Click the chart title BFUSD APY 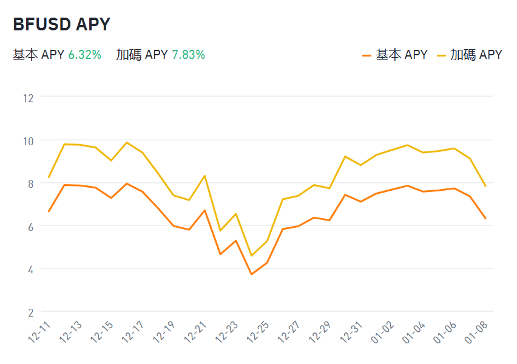pos(61,24)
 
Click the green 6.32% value pos(84,55)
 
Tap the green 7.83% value pos(188,55)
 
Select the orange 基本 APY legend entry pos(395,55)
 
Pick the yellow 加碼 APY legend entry pos(469,55)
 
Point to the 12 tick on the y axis pos(28,97)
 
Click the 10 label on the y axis pos(28,140)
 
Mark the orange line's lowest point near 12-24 pos(251,275)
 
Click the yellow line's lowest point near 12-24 pos(251,256)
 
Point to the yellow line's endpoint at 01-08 pos(485,186)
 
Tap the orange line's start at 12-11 pos(49,211)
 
